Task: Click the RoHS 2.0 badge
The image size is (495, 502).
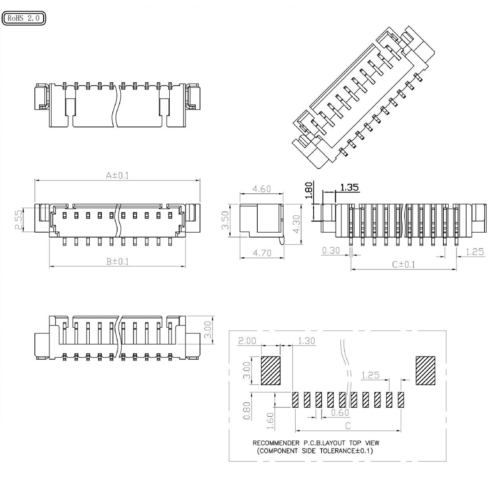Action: (24, 18)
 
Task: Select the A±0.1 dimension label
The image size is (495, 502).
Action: (118, 176)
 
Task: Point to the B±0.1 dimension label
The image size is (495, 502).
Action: (118, 261)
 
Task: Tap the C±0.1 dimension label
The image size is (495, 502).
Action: (404, 264)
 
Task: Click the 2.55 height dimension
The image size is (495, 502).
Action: (19, 219)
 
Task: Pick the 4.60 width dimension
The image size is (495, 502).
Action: (261, 189)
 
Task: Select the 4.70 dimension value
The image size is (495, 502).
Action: (262, 253)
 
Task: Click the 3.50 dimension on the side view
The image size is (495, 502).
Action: (225, 220)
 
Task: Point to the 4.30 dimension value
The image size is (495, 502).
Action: (297, 224)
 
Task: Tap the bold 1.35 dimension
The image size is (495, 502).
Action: (349, 187)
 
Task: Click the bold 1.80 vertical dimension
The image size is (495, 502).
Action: (308, 191)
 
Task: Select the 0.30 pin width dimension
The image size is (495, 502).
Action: (331, 250)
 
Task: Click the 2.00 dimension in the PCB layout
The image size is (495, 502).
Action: (247, 341)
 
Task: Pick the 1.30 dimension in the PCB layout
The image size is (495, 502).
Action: (307, 341)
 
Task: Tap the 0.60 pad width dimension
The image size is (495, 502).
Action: (340, 412)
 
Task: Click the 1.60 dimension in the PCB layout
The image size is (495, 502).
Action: (270, 422)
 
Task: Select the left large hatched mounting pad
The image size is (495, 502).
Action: (270, 370)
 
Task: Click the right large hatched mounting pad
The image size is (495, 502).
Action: (425, 370)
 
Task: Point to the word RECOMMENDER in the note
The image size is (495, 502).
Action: (276, 443)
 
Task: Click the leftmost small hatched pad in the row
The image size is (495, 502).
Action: (295, 399)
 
